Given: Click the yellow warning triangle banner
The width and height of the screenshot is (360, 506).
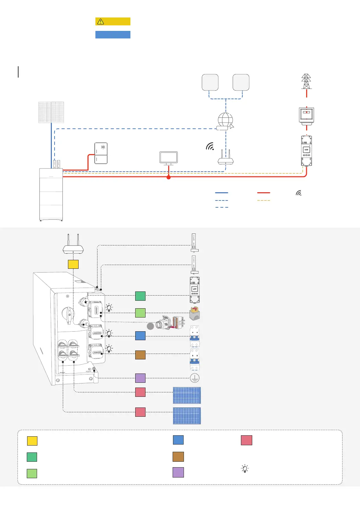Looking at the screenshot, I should point(113,21).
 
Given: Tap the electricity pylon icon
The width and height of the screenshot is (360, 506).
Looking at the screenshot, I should point(306,81).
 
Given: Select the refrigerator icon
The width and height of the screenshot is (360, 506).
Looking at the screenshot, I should point(101,153).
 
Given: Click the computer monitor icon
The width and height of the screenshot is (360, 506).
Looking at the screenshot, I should point(169,158).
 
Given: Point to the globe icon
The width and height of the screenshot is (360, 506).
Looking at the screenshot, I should point(225,120).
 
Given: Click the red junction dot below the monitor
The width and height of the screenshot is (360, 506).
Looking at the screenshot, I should point(169,177).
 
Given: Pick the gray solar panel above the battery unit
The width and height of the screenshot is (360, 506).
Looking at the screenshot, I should point(51,112).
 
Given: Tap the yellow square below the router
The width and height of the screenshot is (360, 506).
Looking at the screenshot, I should point(73,264).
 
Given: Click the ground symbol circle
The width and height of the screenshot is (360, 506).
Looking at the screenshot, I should point(195,378).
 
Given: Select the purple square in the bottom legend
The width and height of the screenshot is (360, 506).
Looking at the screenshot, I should point(178,472).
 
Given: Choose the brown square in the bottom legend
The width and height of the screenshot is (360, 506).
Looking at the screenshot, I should point(178,457).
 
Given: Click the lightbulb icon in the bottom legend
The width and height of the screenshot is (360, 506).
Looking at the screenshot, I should point(245,469).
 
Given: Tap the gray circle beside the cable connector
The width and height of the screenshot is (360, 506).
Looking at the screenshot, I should point(150,326).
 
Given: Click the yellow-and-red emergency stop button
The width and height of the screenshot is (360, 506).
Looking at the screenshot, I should point(195,313).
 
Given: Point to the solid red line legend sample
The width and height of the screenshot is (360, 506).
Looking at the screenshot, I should point(264,193).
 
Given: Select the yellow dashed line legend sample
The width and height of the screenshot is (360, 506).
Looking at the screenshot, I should point(264,200).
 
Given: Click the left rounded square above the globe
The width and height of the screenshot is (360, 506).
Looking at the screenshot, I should point(210,82).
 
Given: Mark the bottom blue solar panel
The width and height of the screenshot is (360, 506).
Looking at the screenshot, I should point(187,416).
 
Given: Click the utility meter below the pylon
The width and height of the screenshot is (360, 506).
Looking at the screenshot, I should point(306,115).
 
